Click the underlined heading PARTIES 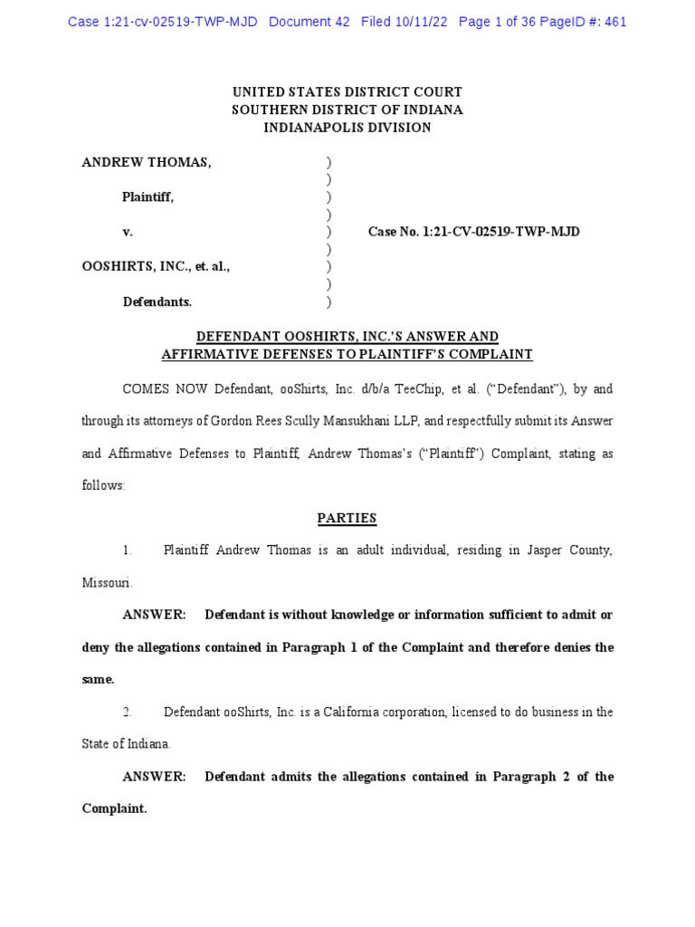[x=347, y=519]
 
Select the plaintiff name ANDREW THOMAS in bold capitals [x=147, y=162]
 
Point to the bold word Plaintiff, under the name [x=148, y=197]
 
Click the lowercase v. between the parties [x=128, y=232]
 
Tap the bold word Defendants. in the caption [x=157, y=301]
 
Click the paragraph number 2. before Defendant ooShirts [x=128, y=712]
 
